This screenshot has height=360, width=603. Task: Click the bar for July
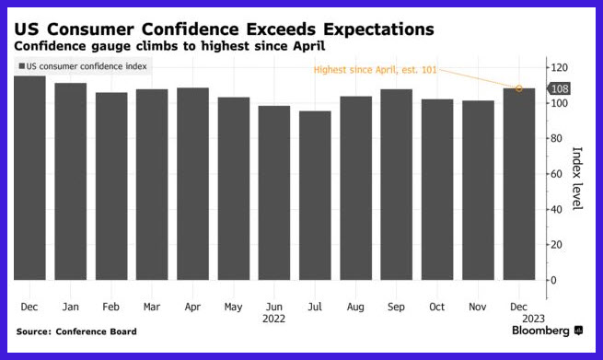coord(315,195)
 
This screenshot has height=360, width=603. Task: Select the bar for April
coord(192,184)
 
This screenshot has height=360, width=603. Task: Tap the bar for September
coord(397,185)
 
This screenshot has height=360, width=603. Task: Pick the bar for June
coord(274,192)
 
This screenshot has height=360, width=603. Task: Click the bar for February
coord(111,186)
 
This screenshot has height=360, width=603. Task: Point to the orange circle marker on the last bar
coord(519,88)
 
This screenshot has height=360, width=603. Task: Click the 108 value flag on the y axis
coord(559,88)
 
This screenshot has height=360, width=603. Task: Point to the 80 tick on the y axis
coord(556,138)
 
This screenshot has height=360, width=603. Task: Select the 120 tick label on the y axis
coord(559,68)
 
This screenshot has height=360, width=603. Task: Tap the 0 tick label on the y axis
coord(553,281)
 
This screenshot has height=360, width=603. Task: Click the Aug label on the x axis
coord(355,307)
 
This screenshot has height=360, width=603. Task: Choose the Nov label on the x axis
coord(478,307)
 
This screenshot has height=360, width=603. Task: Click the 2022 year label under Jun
coord(273,319)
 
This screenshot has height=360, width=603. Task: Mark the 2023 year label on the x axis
coord(533,319)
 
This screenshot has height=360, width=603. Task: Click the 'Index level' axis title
coord(577,179)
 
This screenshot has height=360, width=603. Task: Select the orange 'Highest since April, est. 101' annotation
coord(376,70)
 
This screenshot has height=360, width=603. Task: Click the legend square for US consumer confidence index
coord(22,66)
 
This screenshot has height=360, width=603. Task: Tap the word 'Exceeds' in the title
coord(281,29)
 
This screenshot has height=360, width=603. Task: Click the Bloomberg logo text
coord(540,331)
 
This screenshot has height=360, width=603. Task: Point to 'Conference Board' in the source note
coord(96,331)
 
